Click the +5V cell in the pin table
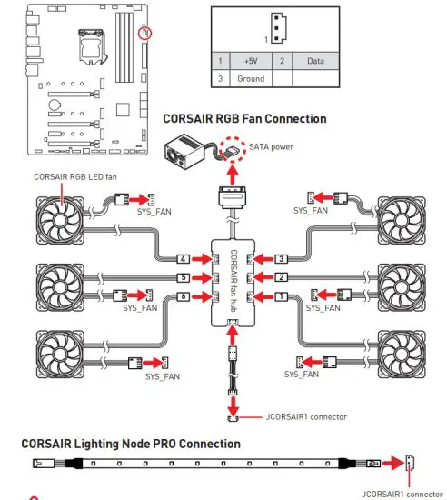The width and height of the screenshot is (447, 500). (251, 60)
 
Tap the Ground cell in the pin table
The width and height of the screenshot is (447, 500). (251, 79)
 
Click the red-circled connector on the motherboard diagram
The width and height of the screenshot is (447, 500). (144, 33)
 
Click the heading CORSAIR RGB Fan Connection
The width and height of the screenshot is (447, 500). (244, 119)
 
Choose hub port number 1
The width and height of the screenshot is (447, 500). (282, 297)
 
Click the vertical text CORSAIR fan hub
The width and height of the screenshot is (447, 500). (233, 277)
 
